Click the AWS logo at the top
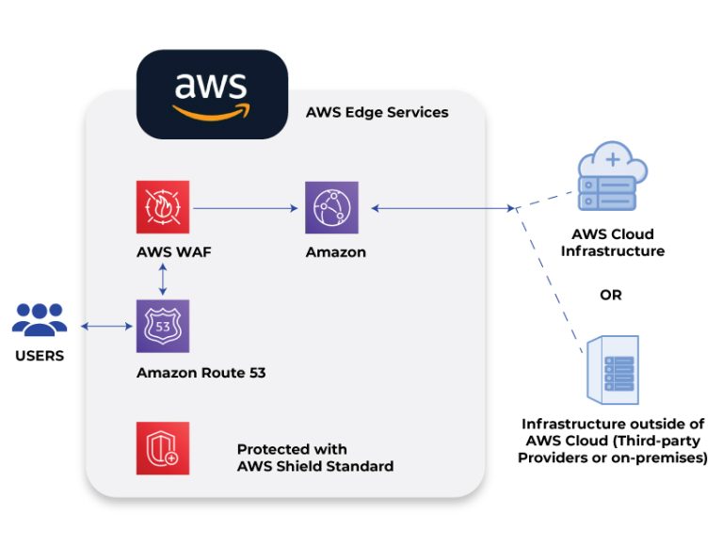tap(212, 94)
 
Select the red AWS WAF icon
tap(163, 207)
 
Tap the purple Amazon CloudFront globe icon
tap(332, 207)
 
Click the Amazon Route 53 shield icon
tap(163, 327)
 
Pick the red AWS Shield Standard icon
tap(163, 448)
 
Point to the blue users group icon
tap(39, 320)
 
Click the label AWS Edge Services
tap(377, 113)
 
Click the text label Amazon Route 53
tap(201, 373)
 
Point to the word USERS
tap(39, 356)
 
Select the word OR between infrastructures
tap(611, 295)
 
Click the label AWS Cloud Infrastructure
tap(612, 243)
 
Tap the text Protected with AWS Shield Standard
tap(314, 458)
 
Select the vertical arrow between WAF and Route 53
tap(163, 280)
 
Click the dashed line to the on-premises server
tap(552, 273)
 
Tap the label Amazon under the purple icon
tap(335, 252)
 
